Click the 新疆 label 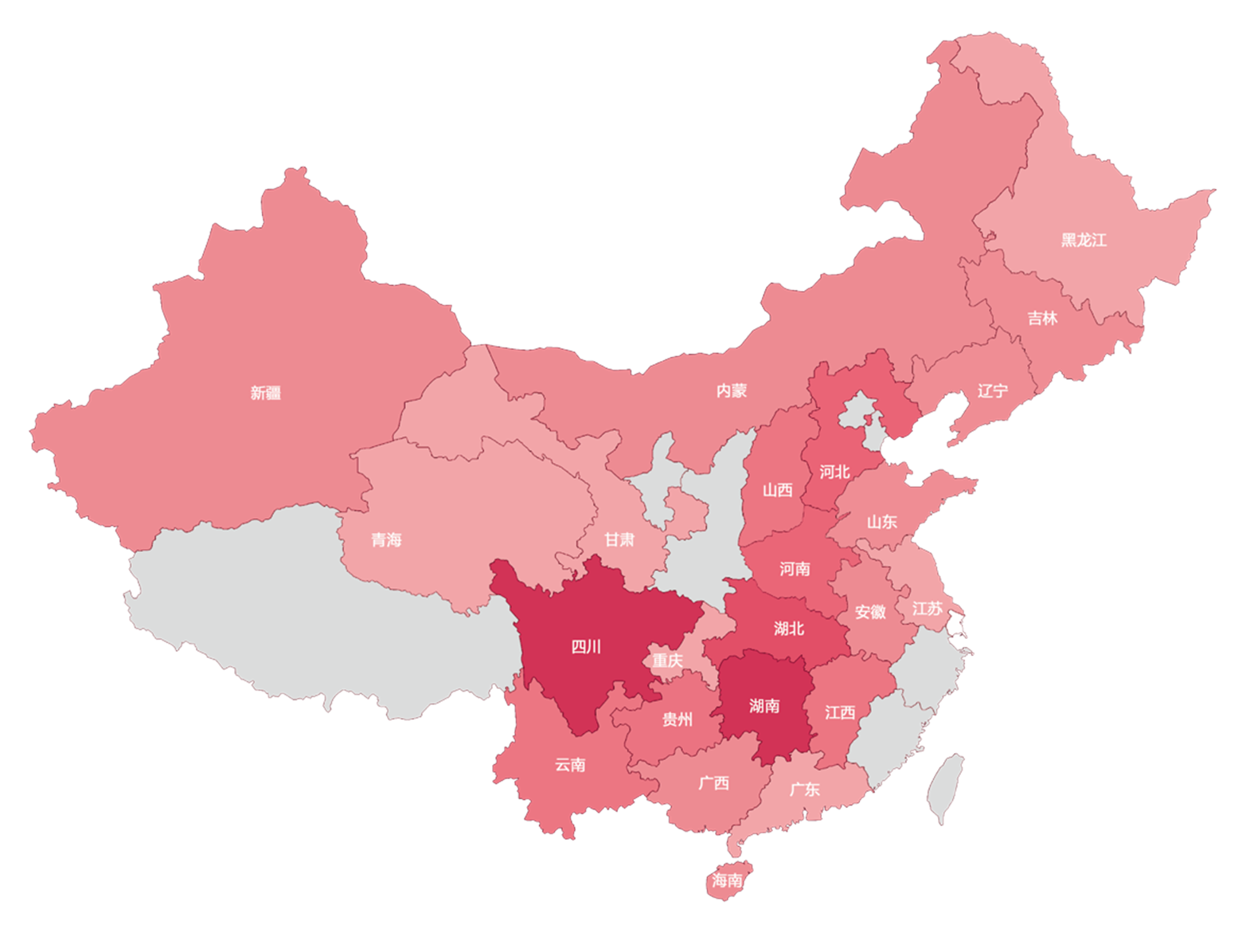pos(265,393)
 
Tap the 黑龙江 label pos(1083,240)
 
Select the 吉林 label pos(1041,319)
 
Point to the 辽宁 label pos(992,391)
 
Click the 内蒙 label pos(731,390)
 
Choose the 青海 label pos(386,540)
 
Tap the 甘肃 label pos(619,540)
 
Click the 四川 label pos(586,646)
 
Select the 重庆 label pos(667,661)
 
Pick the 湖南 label pos(764,706)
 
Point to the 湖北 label pos(788,629)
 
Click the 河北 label pos(834,472)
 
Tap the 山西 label pos(777,490)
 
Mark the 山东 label pos(881,522)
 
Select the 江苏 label pos(927,609)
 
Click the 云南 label pos(570,765)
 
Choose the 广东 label pos(804,790)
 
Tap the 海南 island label pos(727,880)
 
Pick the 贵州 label pos(677,719)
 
